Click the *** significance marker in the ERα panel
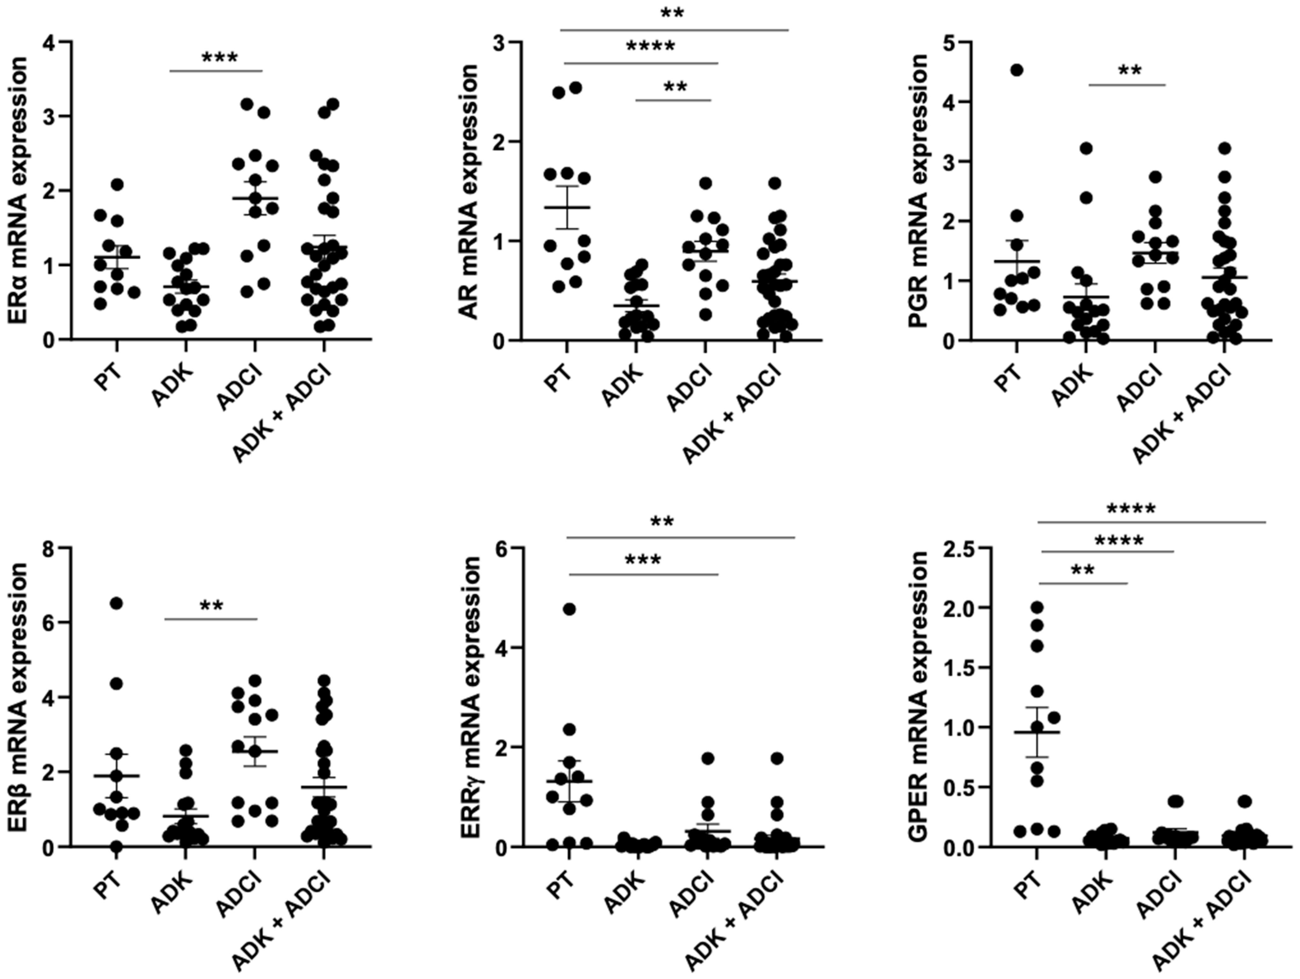(220, 59)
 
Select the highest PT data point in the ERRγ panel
(569, 609)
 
